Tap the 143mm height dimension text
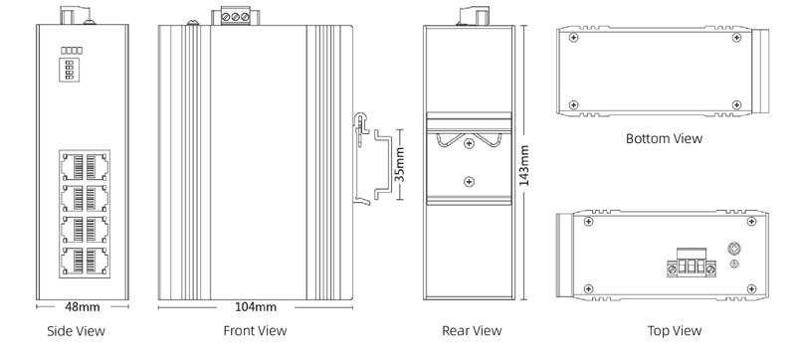(538, 164)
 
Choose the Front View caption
(254, 331)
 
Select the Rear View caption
(471, 331)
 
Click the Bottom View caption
(664, 138)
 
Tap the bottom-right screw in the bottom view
(735, 103)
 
